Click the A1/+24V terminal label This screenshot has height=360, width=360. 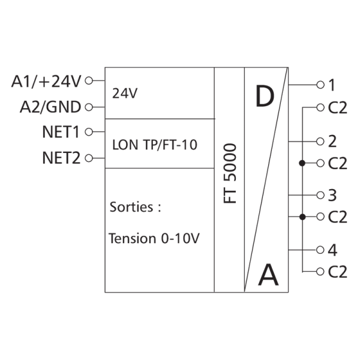point(46,82)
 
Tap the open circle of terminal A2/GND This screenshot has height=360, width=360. point(89,107)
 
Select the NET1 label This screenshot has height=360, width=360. point(61,132)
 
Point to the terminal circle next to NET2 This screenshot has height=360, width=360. point(89,158)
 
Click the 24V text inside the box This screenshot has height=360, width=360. point(125,94)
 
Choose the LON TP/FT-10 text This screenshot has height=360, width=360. point(155,145)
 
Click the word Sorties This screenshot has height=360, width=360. point(131,207)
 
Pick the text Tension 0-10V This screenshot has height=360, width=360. point(154,238)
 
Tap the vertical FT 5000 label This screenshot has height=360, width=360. point(230,173)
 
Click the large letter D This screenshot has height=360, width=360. point(265,96)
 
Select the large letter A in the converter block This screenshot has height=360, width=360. point(268,275)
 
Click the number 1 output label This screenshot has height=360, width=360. point(332,85)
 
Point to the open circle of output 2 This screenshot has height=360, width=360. point(320,142)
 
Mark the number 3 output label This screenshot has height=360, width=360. point(332,196)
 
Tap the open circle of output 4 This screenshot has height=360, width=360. point(320,250)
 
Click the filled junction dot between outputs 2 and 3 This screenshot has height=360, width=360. point(302,163)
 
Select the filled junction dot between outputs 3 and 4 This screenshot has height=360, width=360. point(302,217)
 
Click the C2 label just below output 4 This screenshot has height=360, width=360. point(337,272)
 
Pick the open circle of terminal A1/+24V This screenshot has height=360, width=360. point(89,81)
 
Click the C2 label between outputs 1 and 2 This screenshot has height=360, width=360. point(337,107)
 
